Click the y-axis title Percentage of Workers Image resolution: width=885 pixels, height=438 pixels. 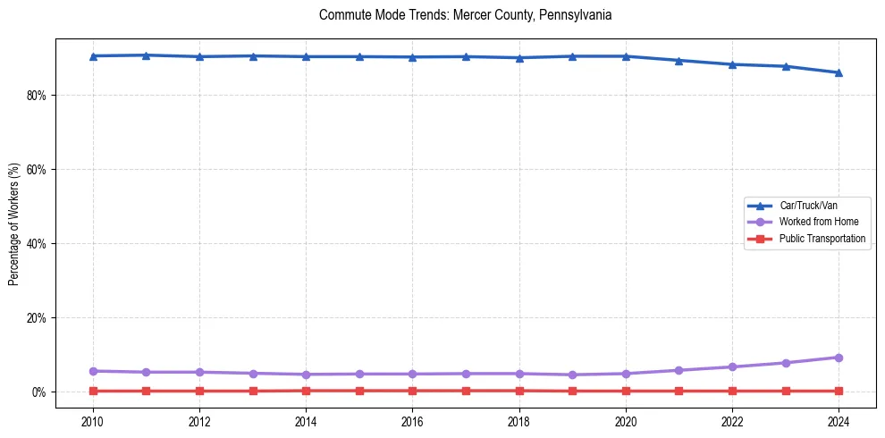(14, 224)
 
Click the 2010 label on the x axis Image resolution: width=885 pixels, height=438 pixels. (93, 421)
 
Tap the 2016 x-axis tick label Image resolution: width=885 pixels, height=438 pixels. (412, 421)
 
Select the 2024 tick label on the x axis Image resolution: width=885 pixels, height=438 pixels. (839, 421)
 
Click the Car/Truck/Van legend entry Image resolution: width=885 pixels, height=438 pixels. (808, 206)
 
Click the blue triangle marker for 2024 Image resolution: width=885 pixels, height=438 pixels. (839, 72)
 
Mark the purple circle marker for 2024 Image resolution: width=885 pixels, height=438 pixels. (839, 358)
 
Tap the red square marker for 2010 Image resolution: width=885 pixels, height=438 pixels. (93, 391)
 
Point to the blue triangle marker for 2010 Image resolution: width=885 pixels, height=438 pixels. (93, 55)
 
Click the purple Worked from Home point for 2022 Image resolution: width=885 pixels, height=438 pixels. (732, 366)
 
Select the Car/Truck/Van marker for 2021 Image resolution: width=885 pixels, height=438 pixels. (678, 61)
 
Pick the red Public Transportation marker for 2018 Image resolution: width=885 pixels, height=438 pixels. (519, 391)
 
